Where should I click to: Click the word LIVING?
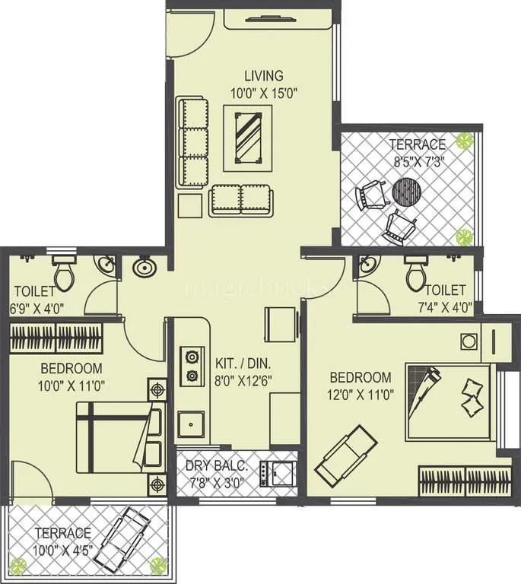[x=263, y=76]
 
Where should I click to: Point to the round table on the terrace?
[x=406, y=192]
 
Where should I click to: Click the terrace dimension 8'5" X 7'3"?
[x=418, y=161]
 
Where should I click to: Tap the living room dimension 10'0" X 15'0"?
[x=263, y=93]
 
